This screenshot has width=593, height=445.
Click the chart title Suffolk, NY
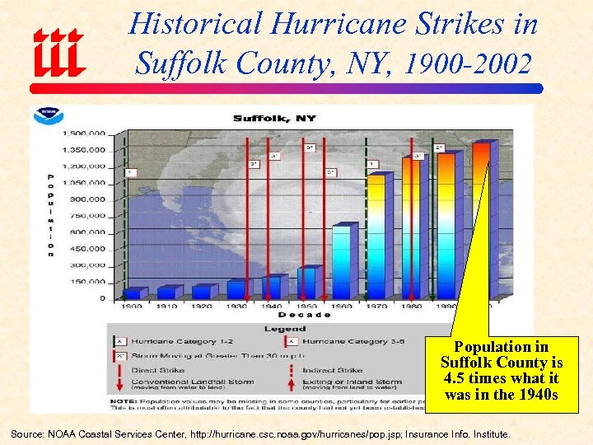pos(274,118)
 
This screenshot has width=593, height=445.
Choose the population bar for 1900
pos(133,293)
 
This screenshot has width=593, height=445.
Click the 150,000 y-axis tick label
pos(89,281)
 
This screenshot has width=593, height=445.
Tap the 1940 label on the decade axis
pos(272,307)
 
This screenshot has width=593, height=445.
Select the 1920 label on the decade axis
pos(202,307)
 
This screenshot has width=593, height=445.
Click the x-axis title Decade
pos(304,315)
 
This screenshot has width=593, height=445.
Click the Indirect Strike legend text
pos(333,370)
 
